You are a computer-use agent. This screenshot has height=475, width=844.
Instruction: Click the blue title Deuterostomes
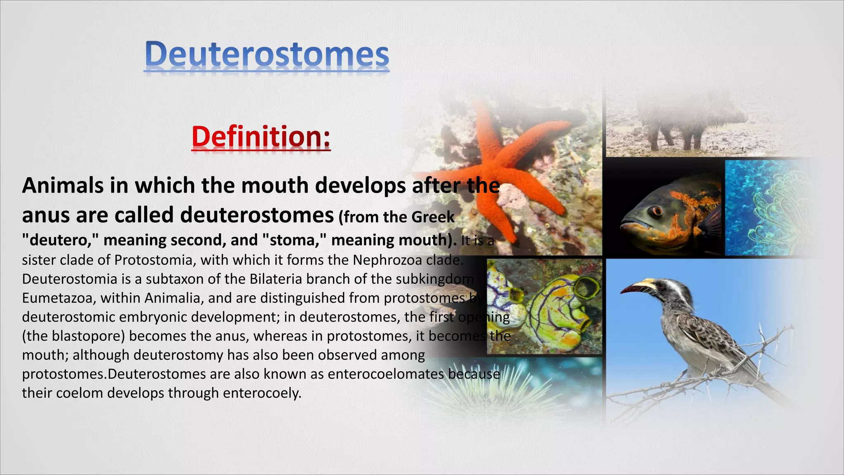click(x=267, y=54)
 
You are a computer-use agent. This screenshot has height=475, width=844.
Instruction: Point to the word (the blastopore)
click(x=73, y=336)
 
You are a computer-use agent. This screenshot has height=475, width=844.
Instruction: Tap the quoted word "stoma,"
click(x=294, y=240)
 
